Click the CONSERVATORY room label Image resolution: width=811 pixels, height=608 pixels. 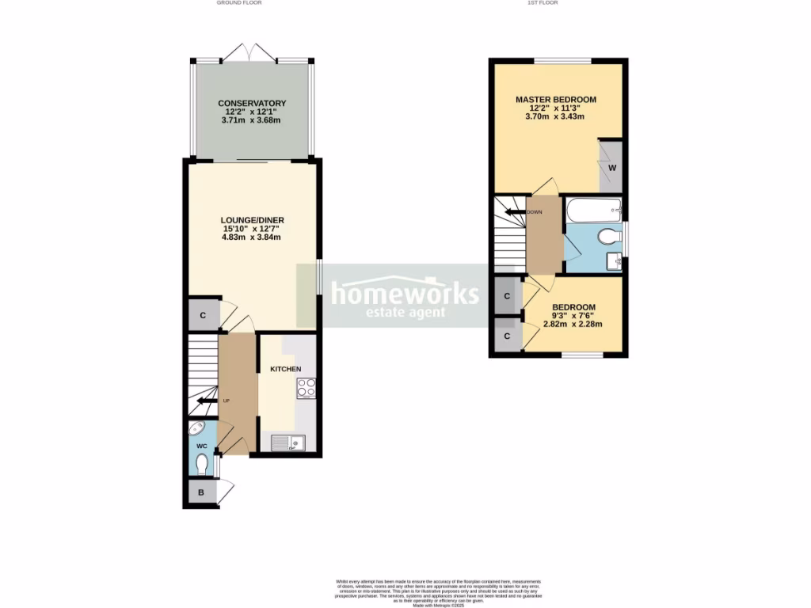(252, 104)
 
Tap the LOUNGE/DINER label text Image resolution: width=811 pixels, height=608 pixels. (253, 220)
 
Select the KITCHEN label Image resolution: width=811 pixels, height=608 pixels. (286, 369)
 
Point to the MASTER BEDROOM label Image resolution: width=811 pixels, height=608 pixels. (555, 99)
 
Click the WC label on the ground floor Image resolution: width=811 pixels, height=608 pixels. (201, 445)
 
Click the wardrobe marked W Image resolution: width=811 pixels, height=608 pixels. (611, 168)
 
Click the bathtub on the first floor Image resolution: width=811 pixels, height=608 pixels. (593, 210)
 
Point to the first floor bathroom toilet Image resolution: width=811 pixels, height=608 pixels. (609, 236)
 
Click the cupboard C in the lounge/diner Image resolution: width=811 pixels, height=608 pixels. (204, 316)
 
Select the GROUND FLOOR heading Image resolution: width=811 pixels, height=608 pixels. (239, 3)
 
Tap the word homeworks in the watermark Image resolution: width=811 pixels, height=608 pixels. (404, 294)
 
